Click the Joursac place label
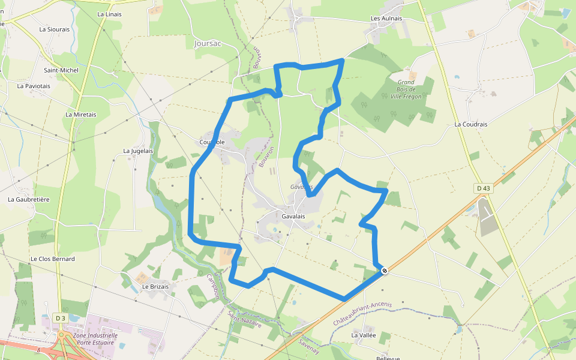[x=208, y=43]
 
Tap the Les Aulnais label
[x=386, y=19]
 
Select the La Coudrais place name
[x=471, y=124]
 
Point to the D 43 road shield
[x=483, y=188]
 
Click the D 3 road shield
[x=59, y=317]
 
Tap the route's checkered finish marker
[x=385, y=271]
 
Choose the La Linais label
[x=109, y=14]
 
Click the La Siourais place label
[x=54, y=29]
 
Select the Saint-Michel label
[x=61, y=70]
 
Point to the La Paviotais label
[x=34, y=86]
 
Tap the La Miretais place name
[x=81, y=115]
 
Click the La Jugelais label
[x=138, y=151]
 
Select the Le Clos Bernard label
[x=53, y=259]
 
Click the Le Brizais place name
[x=155, y=287]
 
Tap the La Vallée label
[x=364, y=335]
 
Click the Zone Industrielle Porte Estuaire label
[x=95, y=340]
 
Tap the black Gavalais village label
[x=293, y=216]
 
